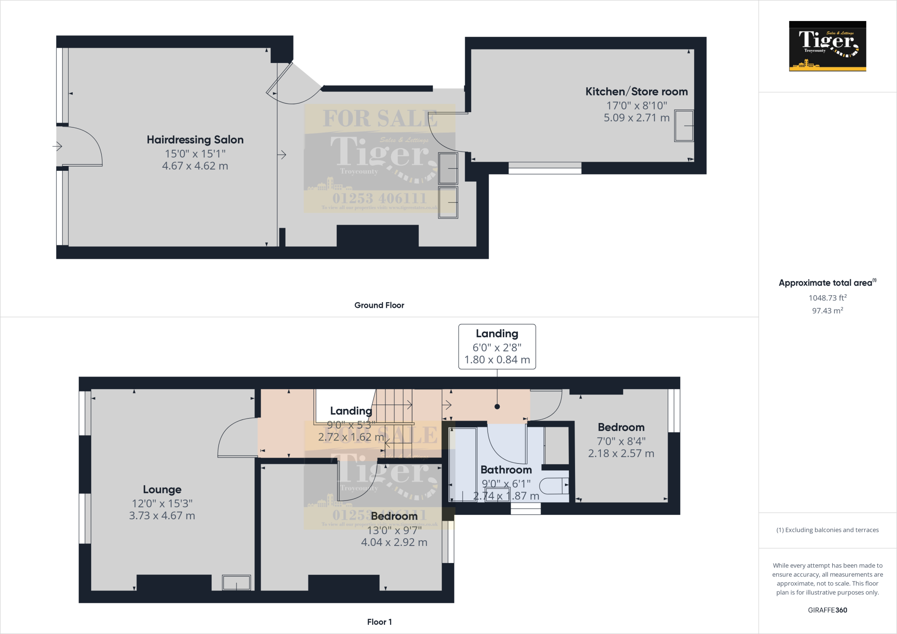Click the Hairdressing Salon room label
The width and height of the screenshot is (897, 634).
tap(195, 140)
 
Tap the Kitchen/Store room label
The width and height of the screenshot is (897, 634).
tap(636, 92)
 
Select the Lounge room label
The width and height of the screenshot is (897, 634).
tap(162, 490)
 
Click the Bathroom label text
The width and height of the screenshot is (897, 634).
tap(506, 470)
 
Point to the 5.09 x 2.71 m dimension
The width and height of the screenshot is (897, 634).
tap(636, 118)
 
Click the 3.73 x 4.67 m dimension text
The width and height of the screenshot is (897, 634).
tap(162, 516)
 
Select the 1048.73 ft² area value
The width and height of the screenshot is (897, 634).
tap(827, 298)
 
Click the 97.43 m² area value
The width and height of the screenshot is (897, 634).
tap(827, 310)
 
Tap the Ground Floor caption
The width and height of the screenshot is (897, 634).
tap(379, 305)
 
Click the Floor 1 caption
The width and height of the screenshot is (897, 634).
tap(379, 622)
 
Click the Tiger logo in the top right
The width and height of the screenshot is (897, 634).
tap(827, 46)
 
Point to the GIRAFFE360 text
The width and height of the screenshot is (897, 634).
tap(827, 610)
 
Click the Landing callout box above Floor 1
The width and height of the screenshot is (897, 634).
tap(497, 347)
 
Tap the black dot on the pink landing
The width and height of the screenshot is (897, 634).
tap(497, 407)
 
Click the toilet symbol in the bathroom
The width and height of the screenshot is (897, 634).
tap(554, 486)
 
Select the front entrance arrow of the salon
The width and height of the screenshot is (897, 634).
tap(57, 146)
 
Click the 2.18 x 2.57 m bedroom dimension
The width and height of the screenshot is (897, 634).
tap(621, 454)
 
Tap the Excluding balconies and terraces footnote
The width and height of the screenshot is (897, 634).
tap(827, 530)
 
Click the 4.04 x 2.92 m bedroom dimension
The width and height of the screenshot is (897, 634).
tap(394, 542)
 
